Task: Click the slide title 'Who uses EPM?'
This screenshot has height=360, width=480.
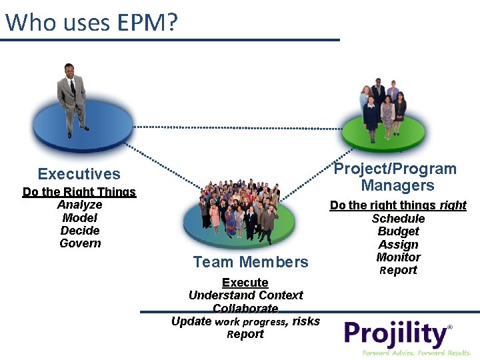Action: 92,23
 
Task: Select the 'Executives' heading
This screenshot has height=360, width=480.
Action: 79,174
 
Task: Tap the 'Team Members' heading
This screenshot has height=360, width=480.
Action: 251,262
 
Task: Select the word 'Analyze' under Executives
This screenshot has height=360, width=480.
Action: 79,205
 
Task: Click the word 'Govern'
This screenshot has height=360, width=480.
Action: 80,243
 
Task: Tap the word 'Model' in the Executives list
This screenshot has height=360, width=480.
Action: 79,218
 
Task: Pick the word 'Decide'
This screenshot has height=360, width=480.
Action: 80,231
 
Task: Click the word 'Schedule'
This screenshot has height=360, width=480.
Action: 398,219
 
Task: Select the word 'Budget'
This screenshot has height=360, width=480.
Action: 398,231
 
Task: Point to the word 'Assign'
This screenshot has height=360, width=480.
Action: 398,245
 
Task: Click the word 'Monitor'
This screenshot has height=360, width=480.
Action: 398,257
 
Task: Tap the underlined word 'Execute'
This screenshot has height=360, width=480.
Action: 245,283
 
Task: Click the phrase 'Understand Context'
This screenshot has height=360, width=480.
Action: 245,295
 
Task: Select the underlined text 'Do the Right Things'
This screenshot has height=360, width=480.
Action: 79,192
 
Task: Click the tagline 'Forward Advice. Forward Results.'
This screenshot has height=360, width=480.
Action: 417,352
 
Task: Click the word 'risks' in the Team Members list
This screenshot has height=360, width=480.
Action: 306,321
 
